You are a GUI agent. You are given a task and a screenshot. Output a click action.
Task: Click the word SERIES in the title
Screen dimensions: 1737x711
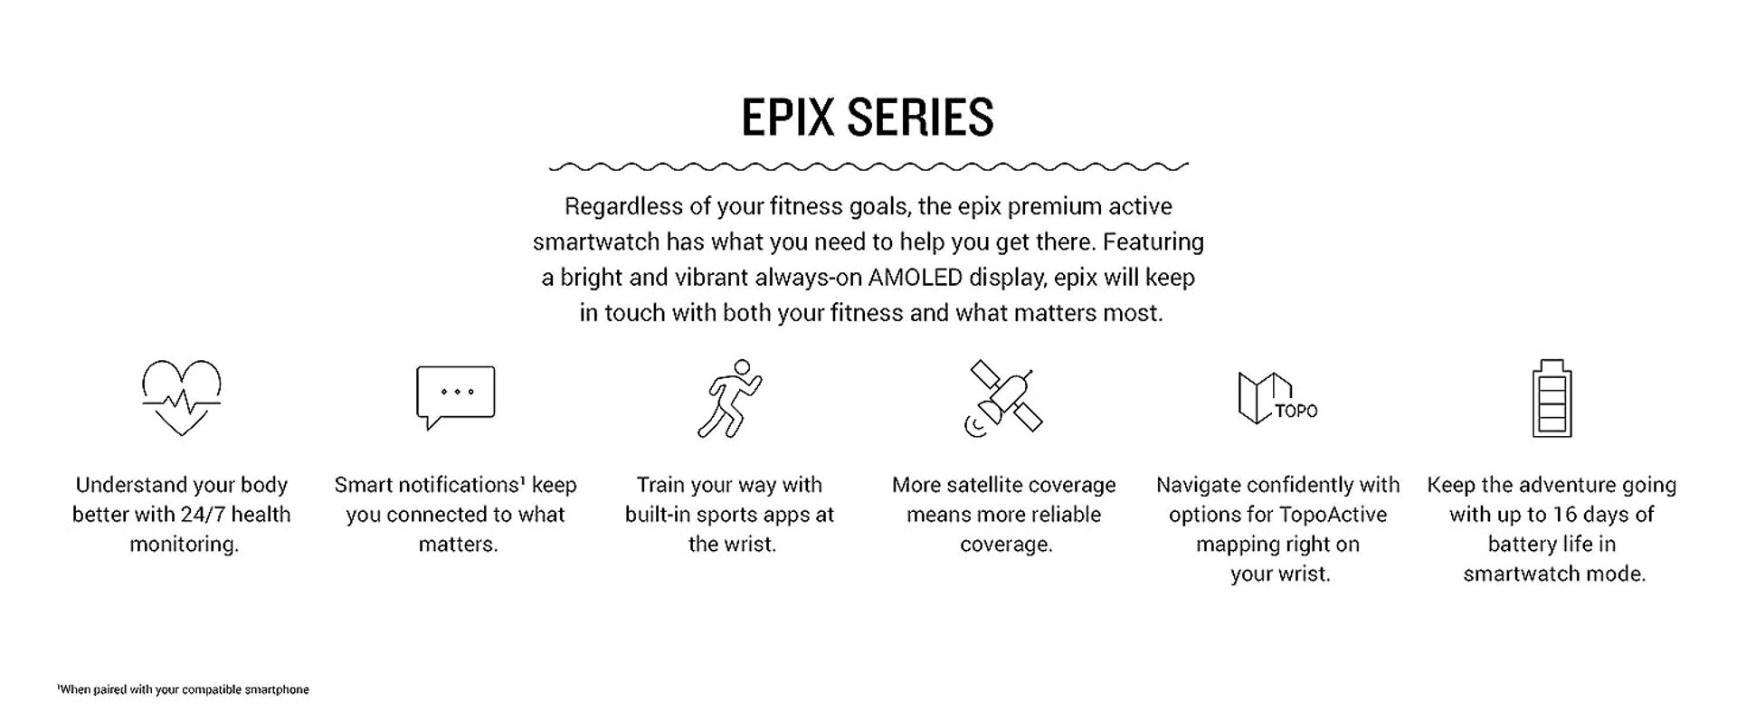921,118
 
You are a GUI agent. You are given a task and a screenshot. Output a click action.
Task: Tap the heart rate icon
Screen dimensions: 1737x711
182,397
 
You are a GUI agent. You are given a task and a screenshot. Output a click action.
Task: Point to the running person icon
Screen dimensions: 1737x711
729,399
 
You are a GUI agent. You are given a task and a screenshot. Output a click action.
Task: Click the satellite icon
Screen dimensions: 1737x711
1003,399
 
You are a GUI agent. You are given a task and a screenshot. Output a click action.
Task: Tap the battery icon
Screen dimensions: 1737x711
1552,398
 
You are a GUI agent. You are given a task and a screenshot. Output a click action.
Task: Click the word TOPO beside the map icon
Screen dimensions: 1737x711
1296,412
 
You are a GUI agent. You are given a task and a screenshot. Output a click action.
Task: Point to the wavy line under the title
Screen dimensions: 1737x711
868,166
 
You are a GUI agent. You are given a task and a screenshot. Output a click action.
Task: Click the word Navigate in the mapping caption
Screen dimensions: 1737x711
1195,486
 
